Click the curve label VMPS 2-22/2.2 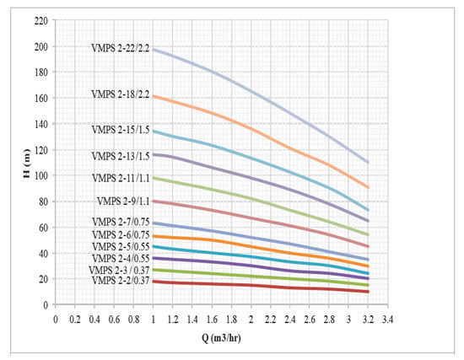[121, 48]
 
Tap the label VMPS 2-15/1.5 [121, 130]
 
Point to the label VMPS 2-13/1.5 [121, 156]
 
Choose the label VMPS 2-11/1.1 [121, 179]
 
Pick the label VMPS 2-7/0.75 [121, 222]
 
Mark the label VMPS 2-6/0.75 [121, 234]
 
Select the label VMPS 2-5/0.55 [121, 246]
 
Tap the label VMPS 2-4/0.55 [121, 258]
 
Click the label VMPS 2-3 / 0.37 [119, 270]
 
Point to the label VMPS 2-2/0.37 [121, 281]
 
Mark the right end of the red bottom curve [369, 292]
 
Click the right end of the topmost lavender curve [369, 162]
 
